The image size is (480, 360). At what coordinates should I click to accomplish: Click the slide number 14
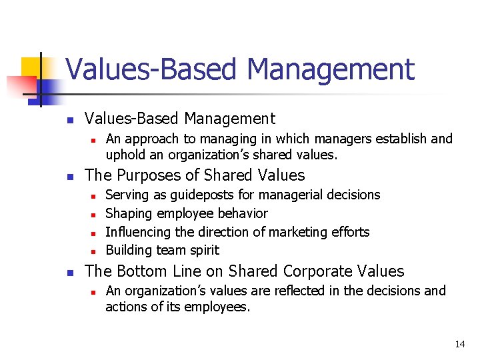pos(459,344)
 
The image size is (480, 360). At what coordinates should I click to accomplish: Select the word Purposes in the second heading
pos(147,175)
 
